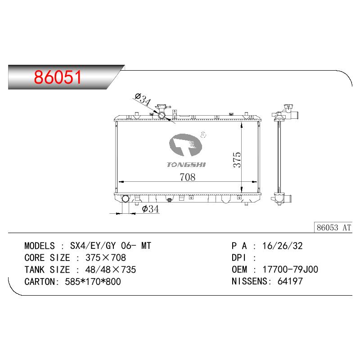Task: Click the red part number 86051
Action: [58, 77]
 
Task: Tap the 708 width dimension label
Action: [188, 177]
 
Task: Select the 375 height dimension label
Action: [237, 159]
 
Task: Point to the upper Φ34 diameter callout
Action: [143, 99]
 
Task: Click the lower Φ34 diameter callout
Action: [150, 209]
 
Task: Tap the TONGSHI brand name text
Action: [186, 165]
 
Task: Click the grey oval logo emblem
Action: [185, 145]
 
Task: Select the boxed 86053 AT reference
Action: [333, 228]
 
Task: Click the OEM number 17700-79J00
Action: [290, 270]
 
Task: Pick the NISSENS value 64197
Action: [290, 281]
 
